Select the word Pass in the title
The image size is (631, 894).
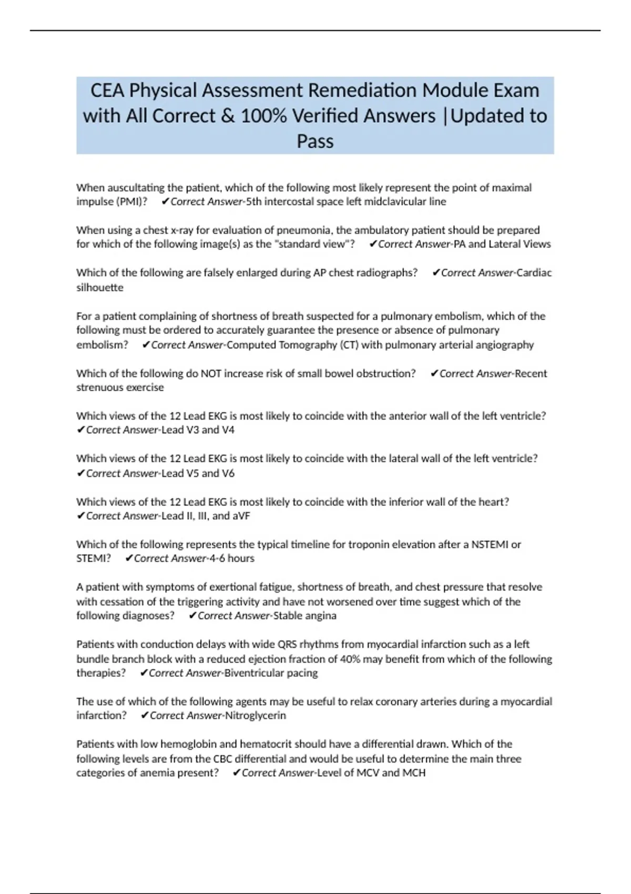pos(315,141)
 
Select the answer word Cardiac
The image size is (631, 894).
pos(534,272)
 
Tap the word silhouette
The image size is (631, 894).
pos(100,287)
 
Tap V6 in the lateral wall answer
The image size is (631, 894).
pos(228,473)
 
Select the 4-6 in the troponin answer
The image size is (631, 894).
pos(217,558)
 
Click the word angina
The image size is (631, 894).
pos(321,615)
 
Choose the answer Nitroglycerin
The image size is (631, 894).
pos(256,715)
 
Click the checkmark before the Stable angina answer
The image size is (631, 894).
pos(192,615)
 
